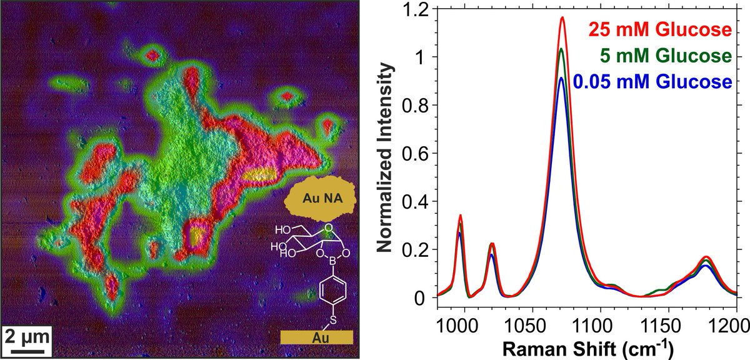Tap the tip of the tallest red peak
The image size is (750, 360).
pyautogui.click(x=562, y=17)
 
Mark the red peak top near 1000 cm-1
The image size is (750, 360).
pyautogui.click(x=460, y=216)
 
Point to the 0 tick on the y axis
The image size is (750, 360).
pyautogui.click(x=427, y=298)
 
